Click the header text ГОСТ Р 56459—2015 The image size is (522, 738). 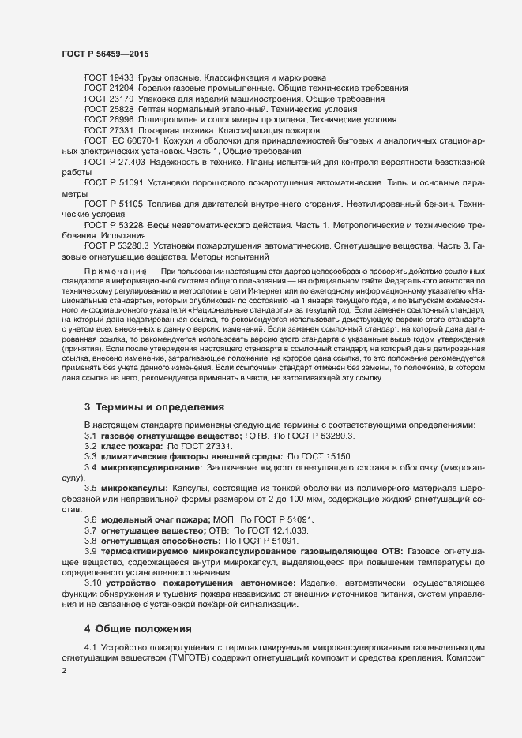click(x=105, y=54)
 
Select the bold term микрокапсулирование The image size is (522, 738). click(x=149, y=468)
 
